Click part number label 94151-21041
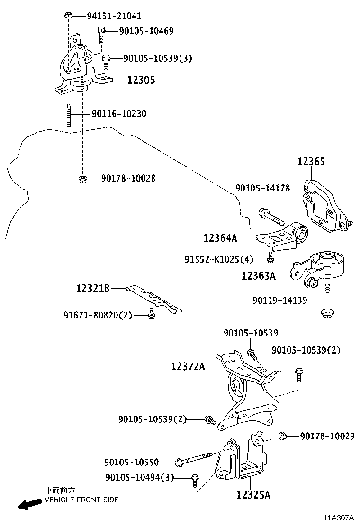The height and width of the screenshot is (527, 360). (114, 16)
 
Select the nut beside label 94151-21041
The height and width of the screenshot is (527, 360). (68, 16)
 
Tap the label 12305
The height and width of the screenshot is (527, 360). (141, 80)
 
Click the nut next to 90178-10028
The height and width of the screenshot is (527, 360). (81, 179)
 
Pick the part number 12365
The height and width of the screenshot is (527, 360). (311, 162)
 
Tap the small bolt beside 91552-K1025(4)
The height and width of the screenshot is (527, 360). (270, 257)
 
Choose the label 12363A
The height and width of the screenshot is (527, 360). (258, 275)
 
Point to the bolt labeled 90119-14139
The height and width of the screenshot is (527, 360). (327, 302)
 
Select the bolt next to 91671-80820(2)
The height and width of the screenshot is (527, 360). (151, 314)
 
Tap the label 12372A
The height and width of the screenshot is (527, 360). (188, 366)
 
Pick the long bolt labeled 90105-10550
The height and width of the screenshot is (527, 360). (194, 460)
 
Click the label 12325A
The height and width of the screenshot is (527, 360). (253, 495)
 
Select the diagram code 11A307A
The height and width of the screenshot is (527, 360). (339, 518)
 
